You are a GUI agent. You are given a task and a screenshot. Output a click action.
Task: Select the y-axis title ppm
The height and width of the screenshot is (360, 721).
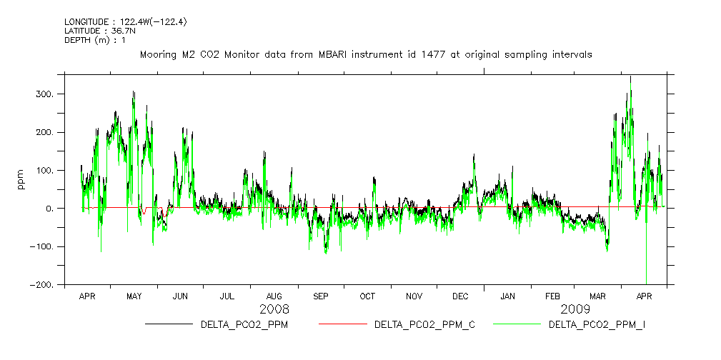tap(21, 179)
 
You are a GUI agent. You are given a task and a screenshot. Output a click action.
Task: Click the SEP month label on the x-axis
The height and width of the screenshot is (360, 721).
tap(321, 296)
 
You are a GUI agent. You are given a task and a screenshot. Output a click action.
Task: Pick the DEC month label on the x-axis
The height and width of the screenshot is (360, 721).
tap(460, 296)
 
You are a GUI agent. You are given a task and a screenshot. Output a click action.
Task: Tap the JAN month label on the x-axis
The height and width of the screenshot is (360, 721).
tap(507, 296)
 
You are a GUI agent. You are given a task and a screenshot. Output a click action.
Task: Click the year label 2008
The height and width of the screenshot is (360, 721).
tap(274, 309)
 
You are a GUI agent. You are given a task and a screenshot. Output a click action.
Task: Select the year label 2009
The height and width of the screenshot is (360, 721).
tap(575, 309)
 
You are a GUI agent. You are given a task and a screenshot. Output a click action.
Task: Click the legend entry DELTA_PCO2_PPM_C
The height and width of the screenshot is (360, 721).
tap(424, 325)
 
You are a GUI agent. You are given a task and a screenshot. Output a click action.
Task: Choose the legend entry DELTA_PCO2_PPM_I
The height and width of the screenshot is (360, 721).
tap(597, 325)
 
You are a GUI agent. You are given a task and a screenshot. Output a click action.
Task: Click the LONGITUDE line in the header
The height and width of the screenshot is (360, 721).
tap(126, 22)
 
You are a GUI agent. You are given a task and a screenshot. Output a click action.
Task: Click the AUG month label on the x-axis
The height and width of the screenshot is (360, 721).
tap(274, 296)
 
